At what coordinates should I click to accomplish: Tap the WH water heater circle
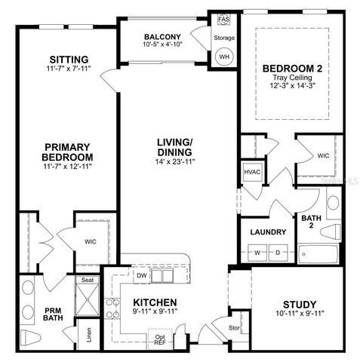[x=224, y=56]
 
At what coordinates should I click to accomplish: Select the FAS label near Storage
[x=224, y=18]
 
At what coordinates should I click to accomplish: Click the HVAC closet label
[x=252, y=171]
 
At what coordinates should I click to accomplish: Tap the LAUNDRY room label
[x=267, y=232]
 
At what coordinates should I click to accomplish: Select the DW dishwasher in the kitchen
[x=141, y=275]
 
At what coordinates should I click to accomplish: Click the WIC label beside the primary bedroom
[x=91, y=241]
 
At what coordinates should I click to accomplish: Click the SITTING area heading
[x=69, y=60]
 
